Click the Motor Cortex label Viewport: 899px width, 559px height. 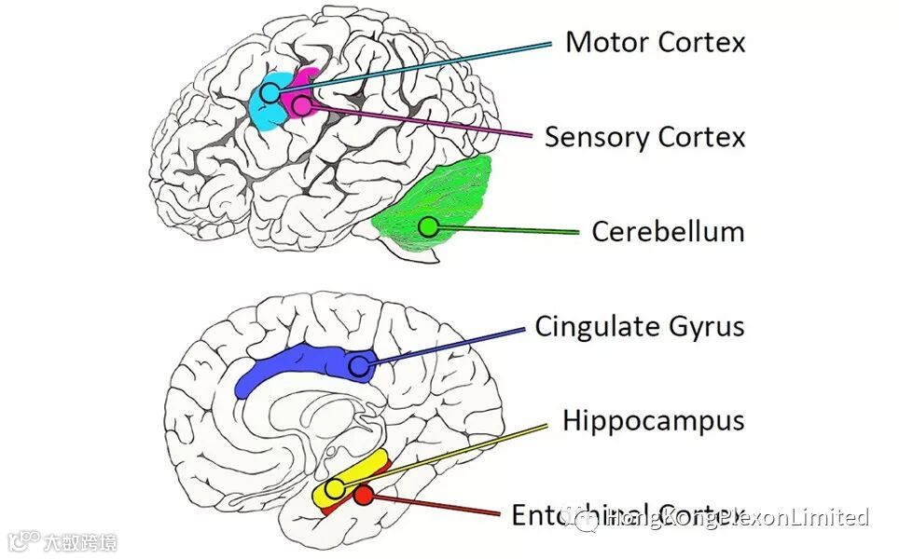655,43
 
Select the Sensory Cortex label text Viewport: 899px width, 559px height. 644,138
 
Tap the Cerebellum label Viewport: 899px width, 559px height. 668,231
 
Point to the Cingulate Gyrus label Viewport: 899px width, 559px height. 639,327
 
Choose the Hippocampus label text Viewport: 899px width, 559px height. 653,421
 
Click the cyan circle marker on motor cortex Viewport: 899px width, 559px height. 270,92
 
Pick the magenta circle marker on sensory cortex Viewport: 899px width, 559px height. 301,105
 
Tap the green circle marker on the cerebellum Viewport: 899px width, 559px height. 428,225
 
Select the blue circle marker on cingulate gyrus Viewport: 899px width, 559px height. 359,366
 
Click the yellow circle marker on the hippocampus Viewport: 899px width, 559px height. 335,488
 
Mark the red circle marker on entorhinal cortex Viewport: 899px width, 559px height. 365,495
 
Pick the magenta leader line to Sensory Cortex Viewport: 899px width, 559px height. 420,120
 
